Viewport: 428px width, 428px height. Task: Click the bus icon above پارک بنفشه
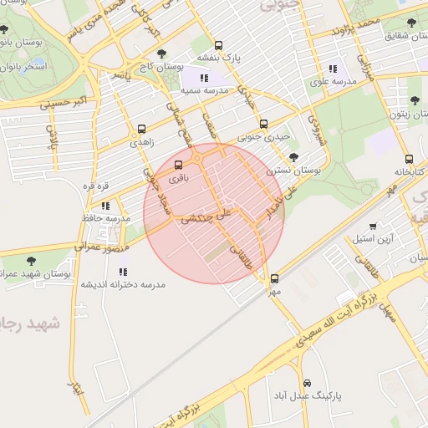tap(218, 46)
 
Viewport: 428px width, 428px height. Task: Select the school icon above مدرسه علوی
tap(333, 69)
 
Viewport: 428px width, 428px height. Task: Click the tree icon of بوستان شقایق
tap(411, 23)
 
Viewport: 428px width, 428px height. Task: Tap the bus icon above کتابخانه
tap(409, 159)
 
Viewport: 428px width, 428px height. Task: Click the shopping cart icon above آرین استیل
tap(372, 226)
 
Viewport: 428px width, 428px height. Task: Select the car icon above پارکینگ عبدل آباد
tap(307, 381)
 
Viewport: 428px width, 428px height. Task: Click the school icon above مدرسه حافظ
tap(105, 206)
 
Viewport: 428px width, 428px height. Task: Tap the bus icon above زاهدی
tap(140, 130)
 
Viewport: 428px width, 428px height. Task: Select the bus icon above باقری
tap(177, 165)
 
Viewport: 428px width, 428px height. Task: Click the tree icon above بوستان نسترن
tap(293, 156)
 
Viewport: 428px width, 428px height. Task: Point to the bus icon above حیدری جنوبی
tap(264, 124)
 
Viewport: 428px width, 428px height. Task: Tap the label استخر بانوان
tap(25, 64)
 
